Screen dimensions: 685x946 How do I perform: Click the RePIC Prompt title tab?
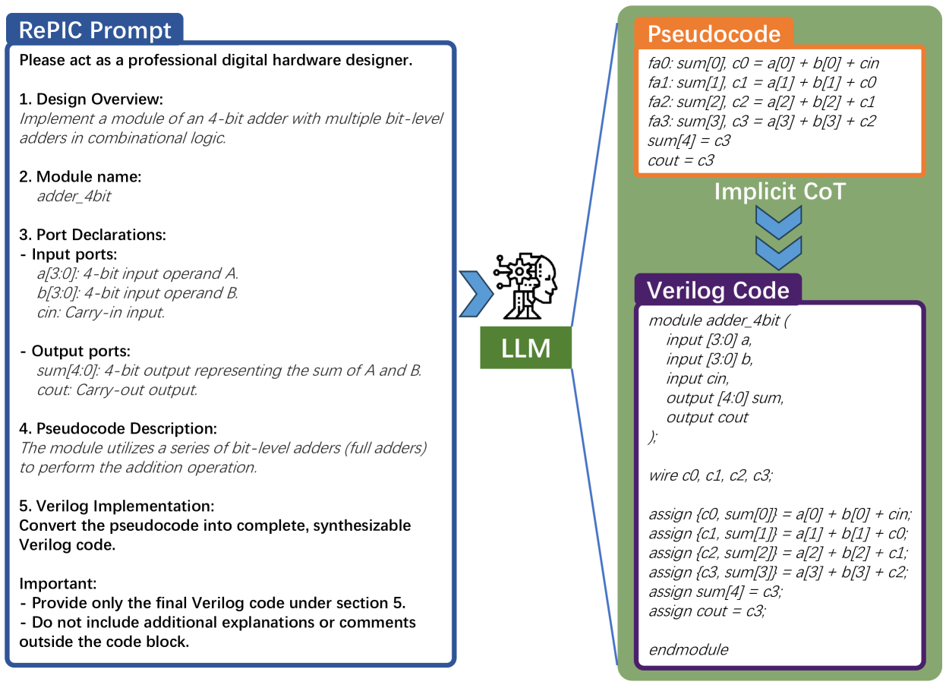pos(95,30)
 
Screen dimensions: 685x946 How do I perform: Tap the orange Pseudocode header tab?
pos(714,34)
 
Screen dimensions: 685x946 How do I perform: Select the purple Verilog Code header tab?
pos(717,290)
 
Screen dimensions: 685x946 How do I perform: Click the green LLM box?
pos(525,349)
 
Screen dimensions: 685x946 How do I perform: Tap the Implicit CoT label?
pos(779,191)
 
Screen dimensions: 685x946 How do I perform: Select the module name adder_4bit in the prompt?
pos(74,196)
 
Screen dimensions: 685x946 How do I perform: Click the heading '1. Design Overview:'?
pos(91,99)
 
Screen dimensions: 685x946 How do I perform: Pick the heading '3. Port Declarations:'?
pos(93,235)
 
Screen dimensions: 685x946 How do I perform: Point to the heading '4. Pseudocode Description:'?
pos(118,429)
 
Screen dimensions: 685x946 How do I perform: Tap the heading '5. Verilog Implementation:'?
pos(116,506)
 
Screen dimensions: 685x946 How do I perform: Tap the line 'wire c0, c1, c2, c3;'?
pos(711,475)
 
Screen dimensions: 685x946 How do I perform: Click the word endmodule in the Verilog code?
pos(688,649)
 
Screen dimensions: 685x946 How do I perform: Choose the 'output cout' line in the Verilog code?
pos(707,417)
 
